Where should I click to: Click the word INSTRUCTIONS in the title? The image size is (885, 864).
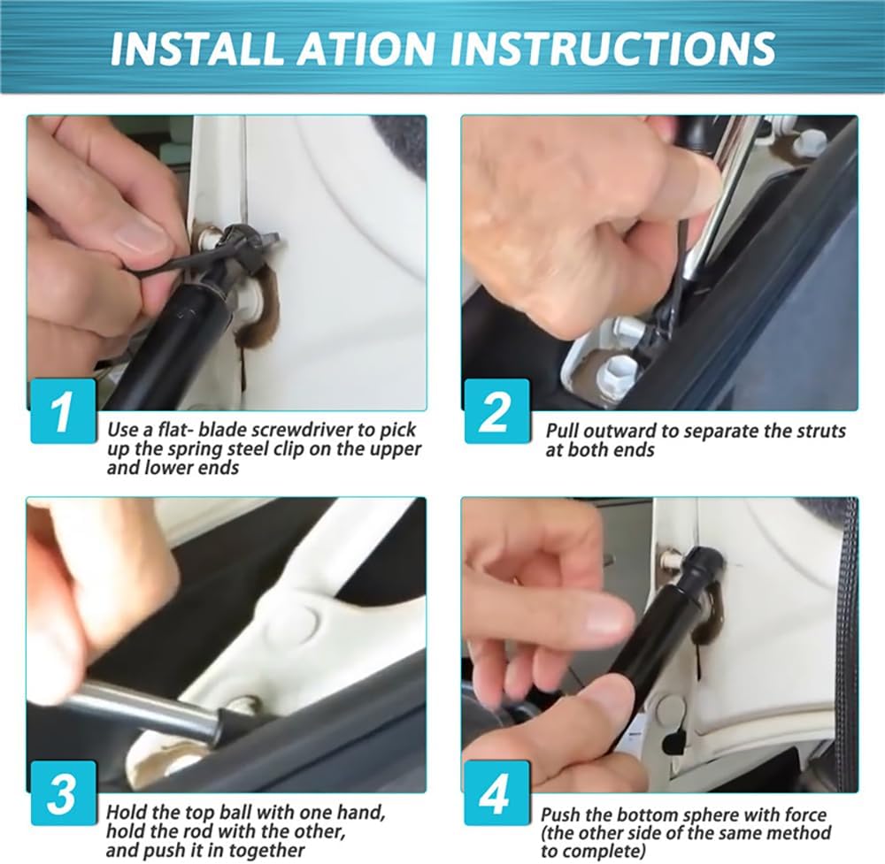(612, 48)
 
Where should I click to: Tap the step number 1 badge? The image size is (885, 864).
(63, 411)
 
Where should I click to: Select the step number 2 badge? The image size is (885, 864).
(496, 411)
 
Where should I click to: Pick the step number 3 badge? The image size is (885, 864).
(63, 793)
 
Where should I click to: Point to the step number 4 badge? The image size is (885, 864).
(496, 793)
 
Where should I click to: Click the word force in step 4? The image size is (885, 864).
(805, 815)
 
